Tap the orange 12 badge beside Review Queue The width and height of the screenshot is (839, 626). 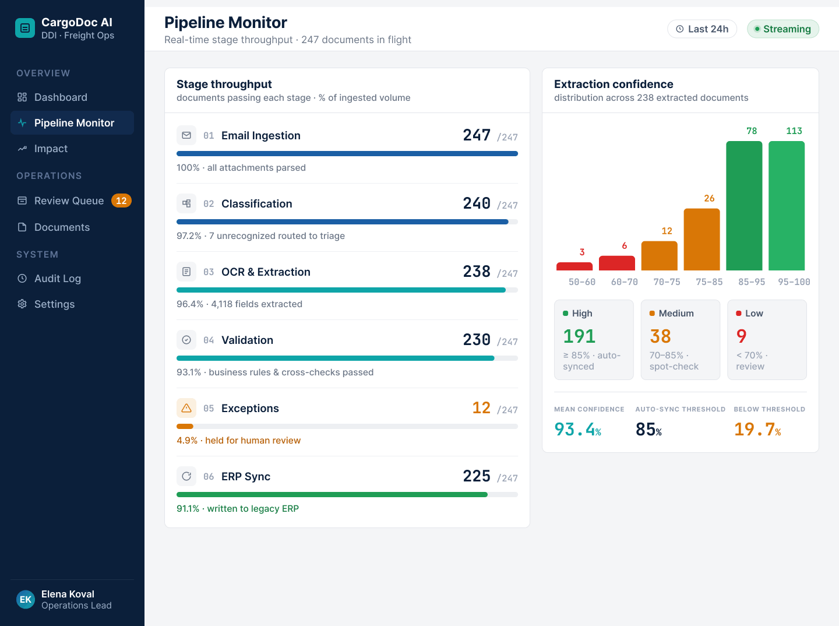pyautogui.click(x=121, y=201)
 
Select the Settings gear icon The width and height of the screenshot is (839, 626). pyautogui.click(x=22, y=304)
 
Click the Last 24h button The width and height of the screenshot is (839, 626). pyautogui.click(x=701, y=29)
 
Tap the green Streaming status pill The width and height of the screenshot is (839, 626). pyautogui.click(x=783, y=29)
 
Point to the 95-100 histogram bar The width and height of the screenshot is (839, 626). pyautogui.click(x=786, y=206)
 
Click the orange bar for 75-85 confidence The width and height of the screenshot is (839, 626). pyautogui.click(x=701, y=240)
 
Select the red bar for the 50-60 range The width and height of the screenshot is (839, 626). pyautogui.click(x=574, y=266)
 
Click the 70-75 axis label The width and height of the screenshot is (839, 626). pyautogui.click(x=667, y=282)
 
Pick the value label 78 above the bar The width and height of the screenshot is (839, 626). pyautogui.click(x=752, y=131)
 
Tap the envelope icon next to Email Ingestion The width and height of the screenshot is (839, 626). pyautogui.click(x=186, y=135)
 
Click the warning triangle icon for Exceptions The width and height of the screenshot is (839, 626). pyautogui.click(x=186, y=408)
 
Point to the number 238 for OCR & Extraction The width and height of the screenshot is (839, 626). pyautogui.click(x=476, y=272)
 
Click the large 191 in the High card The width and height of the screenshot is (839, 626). pyautogui.click(x=579, y=336)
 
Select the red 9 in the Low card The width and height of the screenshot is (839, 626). pyautogui.click(x=741, y=336)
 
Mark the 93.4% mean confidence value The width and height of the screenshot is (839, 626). pyautogui.click(x=577, y=430)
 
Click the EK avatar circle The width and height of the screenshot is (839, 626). pyautogui.click(x=26, y=599)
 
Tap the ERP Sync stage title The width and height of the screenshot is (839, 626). pyautogui.click(x=246, y=476)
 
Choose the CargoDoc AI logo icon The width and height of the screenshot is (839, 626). pyautogui.click(x=25, y=28)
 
